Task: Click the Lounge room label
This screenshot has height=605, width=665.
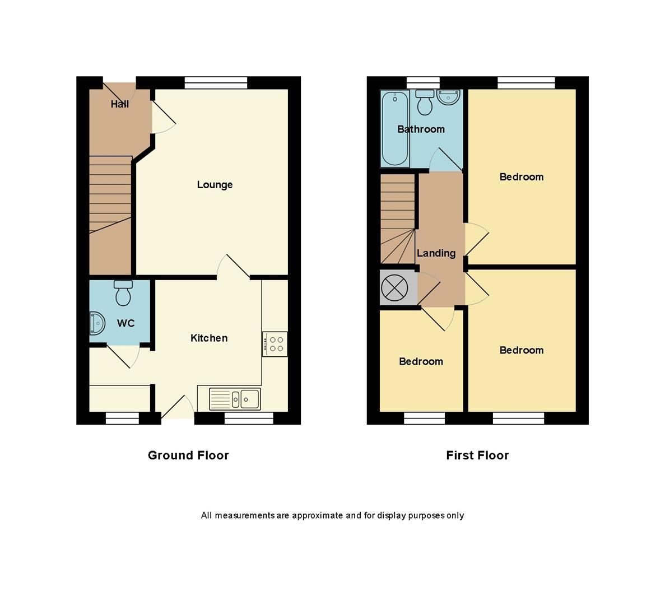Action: click(215, 185)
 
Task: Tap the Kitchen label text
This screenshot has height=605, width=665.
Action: click(209, 338)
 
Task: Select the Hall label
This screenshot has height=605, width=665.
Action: click(119, 104)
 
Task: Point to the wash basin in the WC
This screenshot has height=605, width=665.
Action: click(97, 324)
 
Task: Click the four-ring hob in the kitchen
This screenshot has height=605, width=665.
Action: click(275, 344)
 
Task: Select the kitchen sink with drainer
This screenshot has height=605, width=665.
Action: click(235, 399)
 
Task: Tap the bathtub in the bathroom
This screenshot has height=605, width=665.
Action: click(396, 128)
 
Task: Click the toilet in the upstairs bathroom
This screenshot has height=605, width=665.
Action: click(426, 102)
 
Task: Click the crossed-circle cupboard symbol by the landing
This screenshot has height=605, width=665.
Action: click(391, 288)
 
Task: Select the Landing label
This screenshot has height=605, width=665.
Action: click(436, 253)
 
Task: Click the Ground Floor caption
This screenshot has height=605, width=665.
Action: click(188, 455)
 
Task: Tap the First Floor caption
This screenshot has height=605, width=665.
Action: click(477, 455)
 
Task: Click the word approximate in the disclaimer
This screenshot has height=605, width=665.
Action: click(317, 515)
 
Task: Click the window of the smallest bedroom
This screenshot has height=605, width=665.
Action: click(424, 417)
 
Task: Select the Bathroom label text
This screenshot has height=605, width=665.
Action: click(421, 129)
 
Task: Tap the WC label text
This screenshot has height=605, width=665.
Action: click(126, 323)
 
